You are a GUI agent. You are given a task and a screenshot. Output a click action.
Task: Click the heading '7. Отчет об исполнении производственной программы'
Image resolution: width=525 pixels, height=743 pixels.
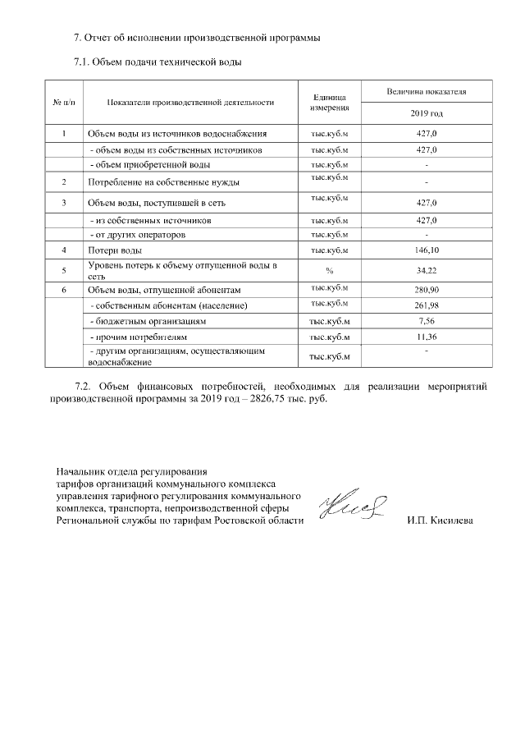click(x=196, y=39)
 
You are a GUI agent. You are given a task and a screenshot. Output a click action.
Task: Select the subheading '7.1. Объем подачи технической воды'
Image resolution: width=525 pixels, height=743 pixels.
click(x=157, y=62)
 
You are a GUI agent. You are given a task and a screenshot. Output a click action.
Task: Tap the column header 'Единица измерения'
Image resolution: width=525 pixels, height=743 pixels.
click(x=330, y=102)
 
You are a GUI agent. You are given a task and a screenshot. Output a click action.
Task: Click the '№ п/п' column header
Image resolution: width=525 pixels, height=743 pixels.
click(x=64, y=102)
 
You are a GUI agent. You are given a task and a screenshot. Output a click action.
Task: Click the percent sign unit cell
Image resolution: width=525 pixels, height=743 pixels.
click(x=330, y=270)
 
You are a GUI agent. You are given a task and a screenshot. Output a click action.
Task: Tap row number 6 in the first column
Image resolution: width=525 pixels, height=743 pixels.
click(x=64, y=290)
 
